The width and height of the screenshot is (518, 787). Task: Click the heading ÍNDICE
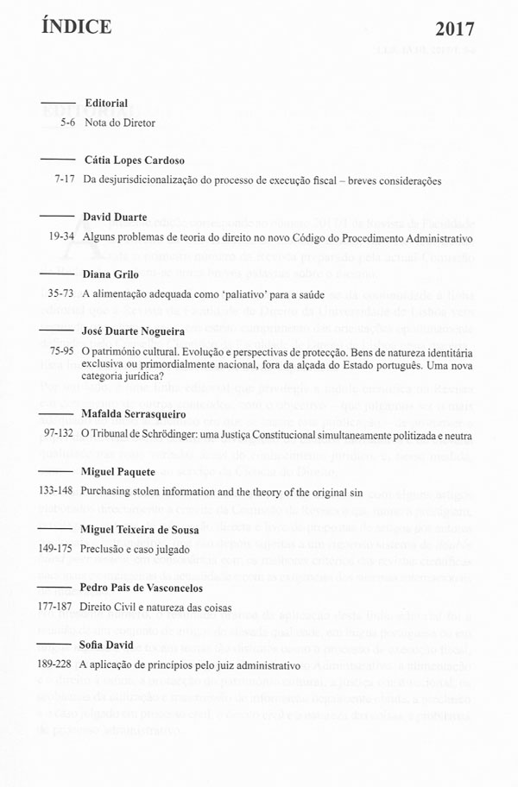(x=76, y=28)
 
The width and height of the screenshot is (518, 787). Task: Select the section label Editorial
(x=106, y=104)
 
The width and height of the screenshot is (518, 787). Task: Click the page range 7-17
(x=60, y=181)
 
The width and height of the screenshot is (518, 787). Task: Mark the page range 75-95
(x=58, y=352)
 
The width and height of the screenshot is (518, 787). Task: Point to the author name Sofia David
(x=110, y=646)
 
